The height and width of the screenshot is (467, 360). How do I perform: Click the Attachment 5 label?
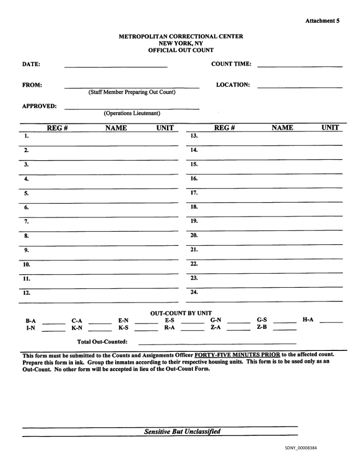(x=322, y=21)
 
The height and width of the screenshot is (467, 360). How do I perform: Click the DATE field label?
(x=31, y=64)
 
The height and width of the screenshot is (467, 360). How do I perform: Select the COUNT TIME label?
(x=231, y=64)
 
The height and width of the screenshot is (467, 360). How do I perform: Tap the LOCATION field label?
(x=233, y=85)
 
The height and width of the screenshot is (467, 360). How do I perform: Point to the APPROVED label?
(x=39, y=106)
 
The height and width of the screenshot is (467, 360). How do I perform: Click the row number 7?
(x=27, y=221)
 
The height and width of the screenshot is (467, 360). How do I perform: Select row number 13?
(x=194, y=136)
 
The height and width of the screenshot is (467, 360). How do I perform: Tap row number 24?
(x=194, y=292)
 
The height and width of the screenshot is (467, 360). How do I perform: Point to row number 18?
(x=194, y=207)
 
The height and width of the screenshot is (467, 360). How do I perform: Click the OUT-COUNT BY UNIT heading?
(x=181, y=313)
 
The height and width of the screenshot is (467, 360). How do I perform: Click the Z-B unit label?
(x=261, y=327)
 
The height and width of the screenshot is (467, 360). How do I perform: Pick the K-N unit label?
(x=77, y=328)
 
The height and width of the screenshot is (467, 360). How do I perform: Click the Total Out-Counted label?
(x=102, y=342)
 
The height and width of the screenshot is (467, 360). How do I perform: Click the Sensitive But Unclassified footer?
(x=182, y=431)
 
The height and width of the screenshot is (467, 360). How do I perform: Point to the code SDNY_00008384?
(x=301, y=448)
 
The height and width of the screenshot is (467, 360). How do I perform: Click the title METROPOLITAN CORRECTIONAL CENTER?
(x=181, y=37)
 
